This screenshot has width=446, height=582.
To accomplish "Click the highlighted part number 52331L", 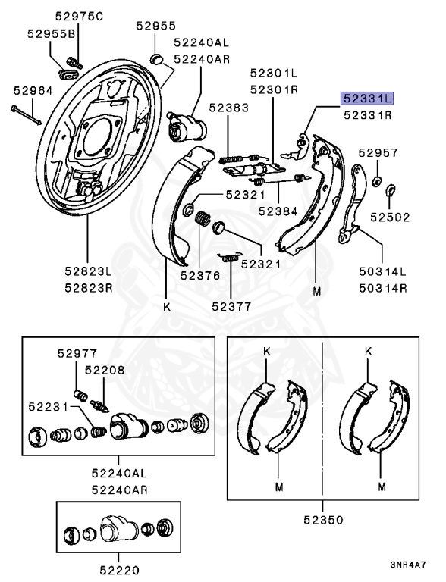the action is point(367,99).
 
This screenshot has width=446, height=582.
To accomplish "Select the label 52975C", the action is point(79,17).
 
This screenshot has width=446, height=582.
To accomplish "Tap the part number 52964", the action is point(33,91).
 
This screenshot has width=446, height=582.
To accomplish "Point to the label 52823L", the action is point(88,271).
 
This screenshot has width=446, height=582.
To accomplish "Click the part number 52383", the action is point(228,108).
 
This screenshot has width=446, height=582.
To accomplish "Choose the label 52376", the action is point(200,275).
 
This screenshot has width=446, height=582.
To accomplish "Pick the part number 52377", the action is point(231,306).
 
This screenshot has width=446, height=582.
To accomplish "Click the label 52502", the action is point(390,217).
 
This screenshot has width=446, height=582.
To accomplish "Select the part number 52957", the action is point(378,152).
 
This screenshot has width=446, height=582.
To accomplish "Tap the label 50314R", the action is point(383,288).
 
